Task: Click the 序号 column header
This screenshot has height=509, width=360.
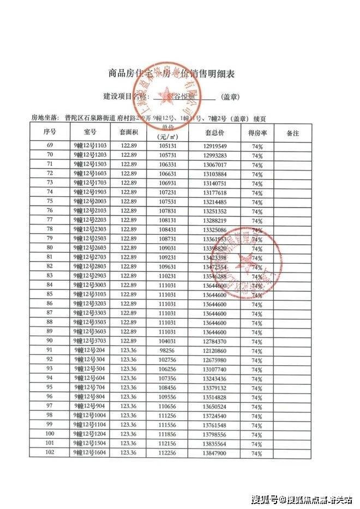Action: point(50,132)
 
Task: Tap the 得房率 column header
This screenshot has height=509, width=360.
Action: point(257,132)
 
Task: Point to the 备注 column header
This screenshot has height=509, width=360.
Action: point(293,132)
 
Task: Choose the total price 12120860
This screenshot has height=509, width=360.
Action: point(215,350)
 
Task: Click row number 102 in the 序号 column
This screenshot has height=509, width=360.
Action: point(50,453)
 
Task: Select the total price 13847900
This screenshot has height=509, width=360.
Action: point(215,453)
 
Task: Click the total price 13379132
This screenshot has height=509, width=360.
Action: point(215,387)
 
